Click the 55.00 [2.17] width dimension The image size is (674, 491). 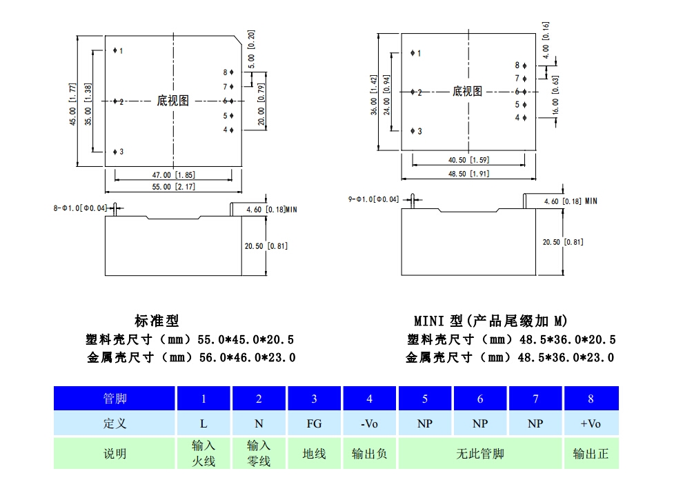(x=173, y=187)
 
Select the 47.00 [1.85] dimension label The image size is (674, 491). (x=173, y=175)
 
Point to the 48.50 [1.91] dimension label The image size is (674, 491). (x=468, y=174)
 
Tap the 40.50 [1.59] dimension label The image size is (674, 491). (x=468, y=160)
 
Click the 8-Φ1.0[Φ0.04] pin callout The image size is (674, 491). (x=80, y=208)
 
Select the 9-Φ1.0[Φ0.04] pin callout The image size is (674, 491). (x=374, y=199)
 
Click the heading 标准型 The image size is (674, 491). (x=157, y=321)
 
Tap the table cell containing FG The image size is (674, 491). (x=314, y=423)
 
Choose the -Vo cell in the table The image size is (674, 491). (x=370, y=423)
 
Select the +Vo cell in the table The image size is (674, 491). (x=591, y=423)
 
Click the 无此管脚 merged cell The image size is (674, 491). (x=480, y=454)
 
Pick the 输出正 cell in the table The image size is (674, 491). (x=591, y=454)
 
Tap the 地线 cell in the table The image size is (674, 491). (x=314, y=454)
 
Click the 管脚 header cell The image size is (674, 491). (x=115, y=398)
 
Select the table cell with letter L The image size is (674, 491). (x=204, y=423)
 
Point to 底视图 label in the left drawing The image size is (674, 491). (x=172, y=101)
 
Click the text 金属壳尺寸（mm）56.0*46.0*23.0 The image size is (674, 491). (x=191, y=357)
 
